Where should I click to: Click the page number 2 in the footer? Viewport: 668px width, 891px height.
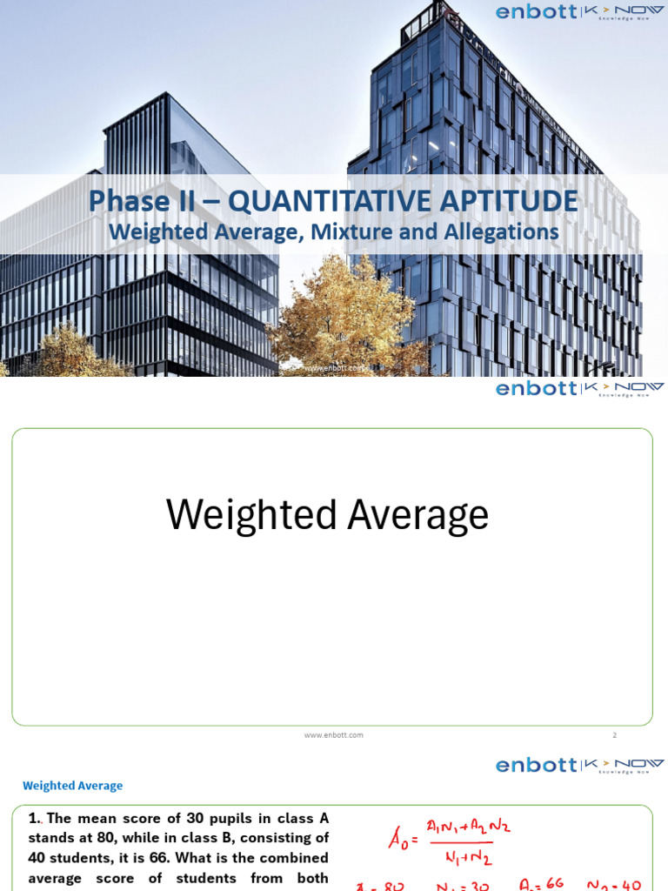614,735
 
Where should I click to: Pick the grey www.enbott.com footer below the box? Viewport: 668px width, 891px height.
334,735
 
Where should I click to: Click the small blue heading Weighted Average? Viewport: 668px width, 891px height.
73,786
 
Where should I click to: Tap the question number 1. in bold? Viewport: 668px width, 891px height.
35,818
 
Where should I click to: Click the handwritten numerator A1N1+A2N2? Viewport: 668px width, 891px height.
468,826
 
